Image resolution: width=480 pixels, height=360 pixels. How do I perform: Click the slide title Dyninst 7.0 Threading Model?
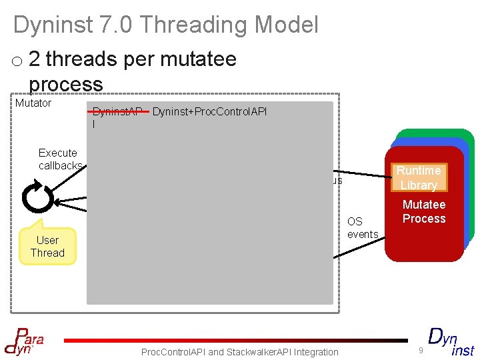166,25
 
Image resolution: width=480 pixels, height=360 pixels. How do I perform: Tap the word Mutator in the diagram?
33,103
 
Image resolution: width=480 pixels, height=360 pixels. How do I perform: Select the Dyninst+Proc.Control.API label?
209,111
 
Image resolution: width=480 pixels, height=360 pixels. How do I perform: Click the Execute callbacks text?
60,159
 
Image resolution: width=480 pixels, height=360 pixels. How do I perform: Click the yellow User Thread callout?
47,246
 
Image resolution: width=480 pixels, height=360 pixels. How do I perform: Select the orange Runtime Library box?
418,178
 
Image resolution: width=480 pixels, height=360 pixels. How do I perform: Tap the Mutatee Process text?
424,211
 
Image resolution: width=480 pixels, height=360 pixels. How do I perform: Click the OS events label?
362,227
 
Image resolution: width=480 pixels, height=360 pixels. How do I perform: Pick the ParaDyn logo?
25,339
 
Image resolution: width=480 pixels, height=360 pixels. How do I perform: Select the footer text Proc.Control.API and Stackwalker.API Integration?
240,352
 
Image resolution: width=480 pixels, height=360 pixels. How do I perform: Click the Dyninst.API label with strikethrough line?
117,112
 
